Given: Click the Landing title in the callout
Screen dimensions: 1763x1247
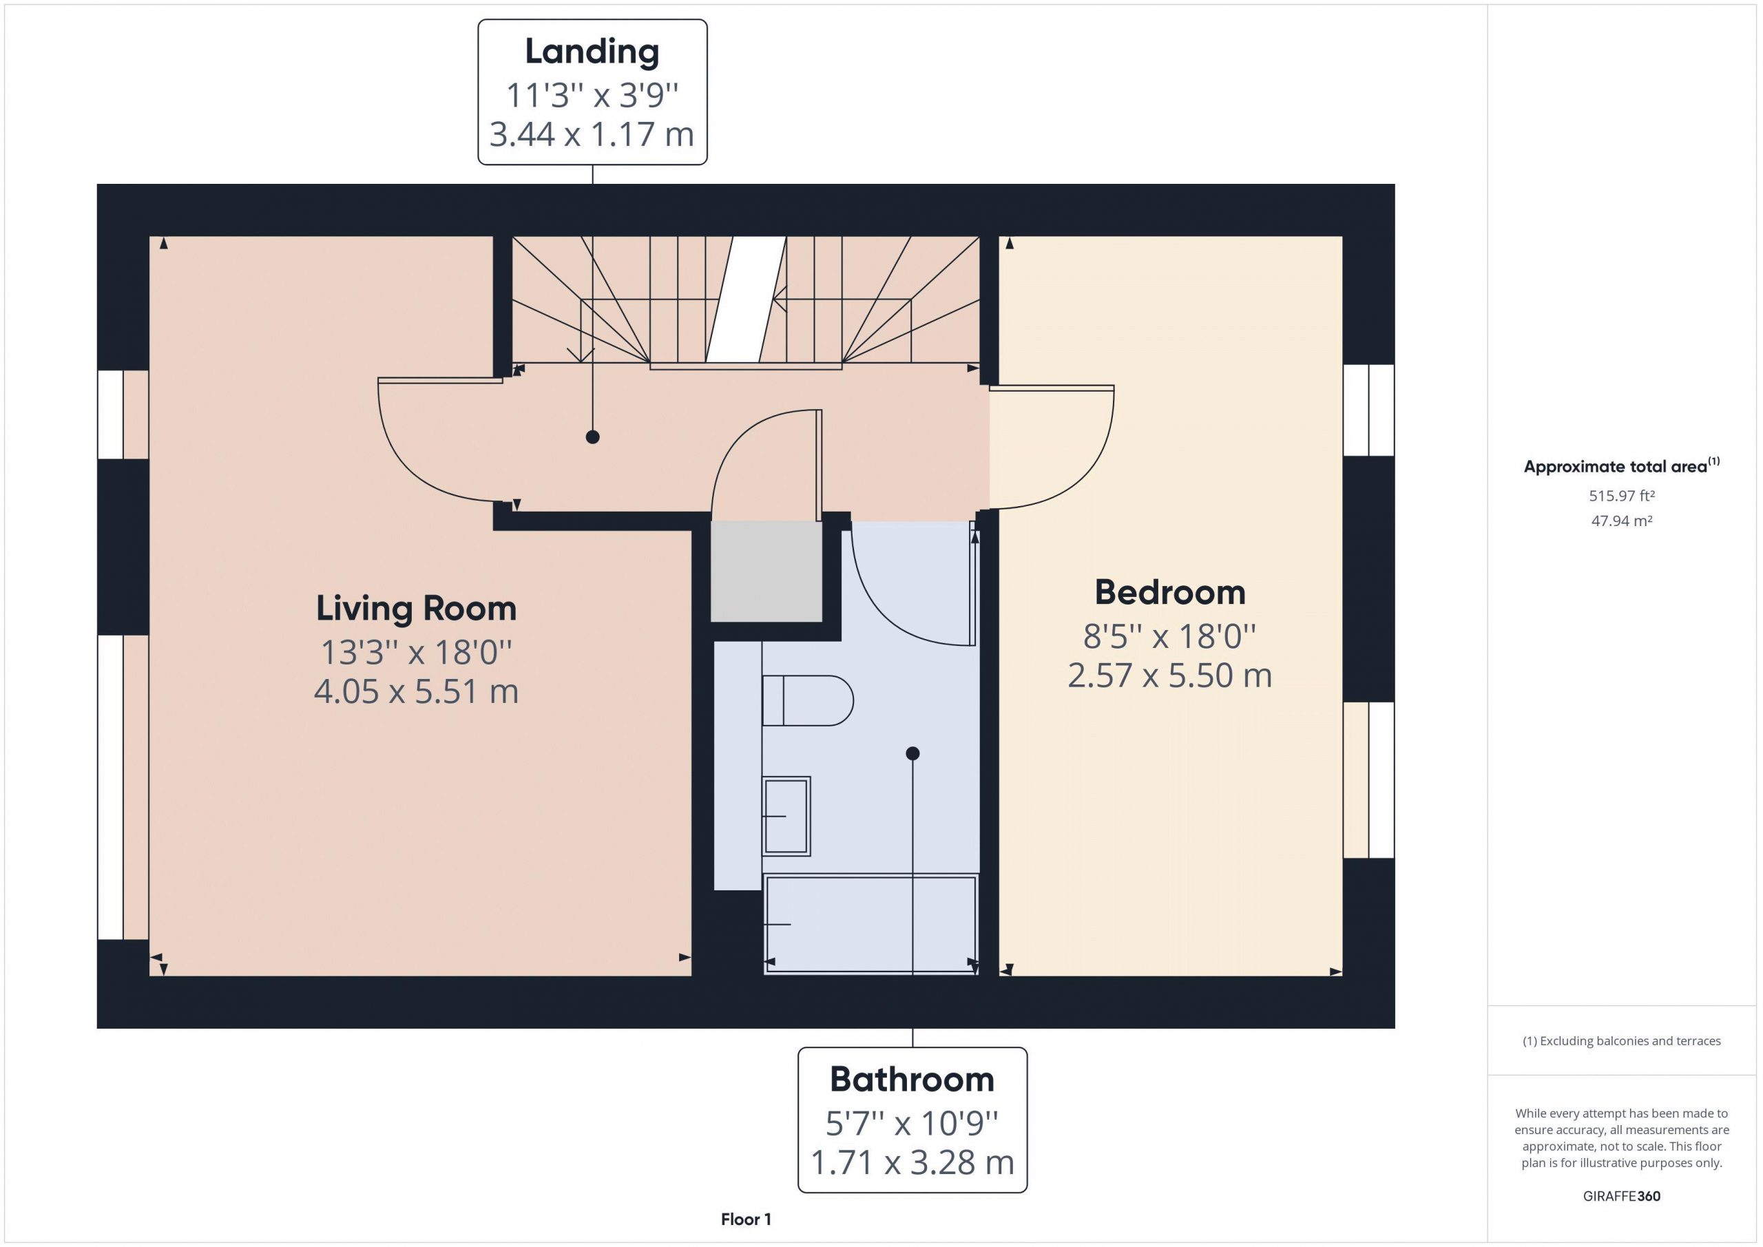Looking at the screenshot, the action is [592, 52].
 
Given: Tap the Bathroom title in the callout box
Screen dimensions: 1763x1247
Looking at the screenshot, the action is [912, 1080].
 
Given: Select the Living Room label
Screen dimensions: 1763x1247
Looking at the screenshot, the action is [416, 608].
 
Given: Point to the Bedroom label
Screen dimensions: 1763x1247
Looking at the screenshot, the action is [1170, 592].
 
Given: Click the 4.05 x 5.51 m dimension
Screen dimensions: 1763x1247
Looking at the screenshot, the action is [416, 692].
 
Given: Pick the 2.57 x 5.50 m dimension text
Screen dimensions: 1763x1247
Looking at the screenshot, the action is [1170, 675].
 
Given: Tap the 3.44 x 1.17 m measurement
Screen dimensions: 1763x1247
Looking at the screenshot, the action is [592, 134].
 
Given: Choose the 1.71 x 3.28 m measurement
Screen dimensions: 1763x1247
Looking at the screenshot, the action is [912, 1162].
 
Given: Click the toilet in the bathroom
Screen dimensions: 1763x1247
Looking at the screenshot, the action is [807, 700].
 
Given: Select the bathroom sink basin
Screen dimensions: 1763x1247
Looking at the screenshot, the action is [786, 815].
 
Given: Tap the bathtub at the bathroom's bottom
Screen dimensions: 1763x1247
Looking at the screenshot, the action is [870, 925].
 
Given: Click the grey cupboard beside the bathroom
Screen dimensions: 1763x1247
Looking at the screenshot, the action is [766, 572].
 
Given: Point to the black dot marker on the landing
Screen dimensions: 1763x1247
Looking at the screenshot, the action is [593, 437].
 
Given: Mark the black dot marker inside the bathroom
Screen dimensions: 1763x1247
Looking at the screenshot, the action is [912, 753].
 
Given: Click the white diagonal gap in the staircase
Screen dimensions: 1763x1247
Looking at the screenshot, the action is [747, 300].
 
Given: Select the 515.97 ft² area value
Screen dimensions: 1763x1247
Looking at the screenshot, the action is [1622, 496].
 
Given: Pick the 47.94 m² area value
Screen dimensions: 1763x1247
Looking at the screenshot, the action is [1622, 521].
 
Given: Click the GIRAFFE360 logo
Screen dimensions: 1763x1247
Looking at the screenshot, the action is [1622, 1195].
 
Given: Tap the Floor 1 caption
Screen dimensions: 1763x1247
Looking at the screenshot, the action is [746, 1219].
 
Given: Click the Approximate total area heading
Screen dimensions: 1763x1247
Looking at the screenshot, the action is [1622, 465].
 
